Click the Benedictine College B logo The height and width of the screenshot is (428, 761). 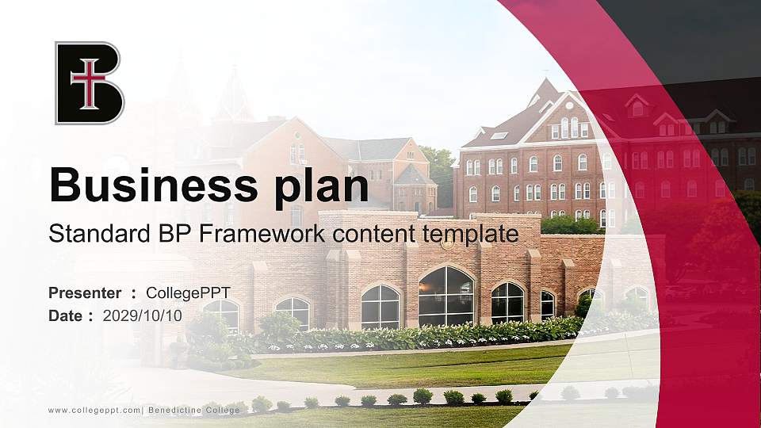(89, 83)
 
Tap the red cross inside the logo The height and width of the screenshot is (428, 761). (88, 82)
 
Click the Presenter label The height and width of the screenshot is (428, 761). (85, 293)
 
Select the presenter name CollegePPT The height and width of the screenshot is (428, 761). (193, 293)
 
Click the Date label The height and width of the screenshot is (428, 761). (65, 315)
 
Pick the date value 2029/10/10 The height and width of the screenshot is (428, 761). (143, 315)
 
